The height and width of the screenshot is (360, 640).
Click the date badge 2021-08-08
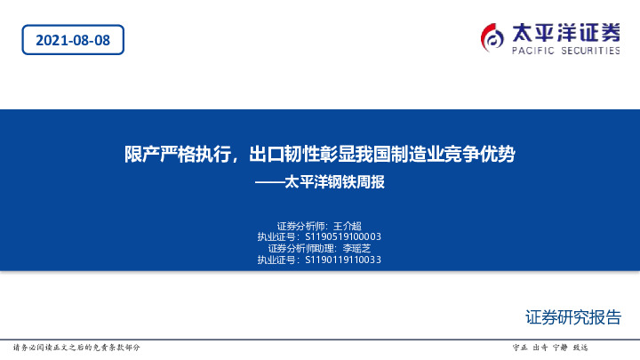(x=73, y=39)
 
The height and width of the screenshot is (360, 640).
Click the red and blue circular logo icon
(x=492, y=37)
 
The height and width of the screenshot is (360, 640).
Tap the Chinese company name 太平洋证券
(x=565, y=32)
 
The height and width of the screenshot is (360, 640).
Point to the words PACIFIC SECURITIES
(x=565, y=51)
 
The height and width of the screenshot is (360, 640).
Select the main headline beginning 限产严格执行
(x=319, y=154)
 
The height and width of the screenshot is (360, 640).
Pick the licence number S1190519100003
(x=342, y=237)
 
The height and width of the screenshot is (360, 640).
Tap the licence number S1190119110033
(x=342, y=260)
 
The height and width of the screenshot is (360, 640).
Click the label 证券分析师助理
(x=303, y=249)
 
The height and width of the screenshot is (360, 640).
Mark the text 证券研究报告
(x=573, y=317)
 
